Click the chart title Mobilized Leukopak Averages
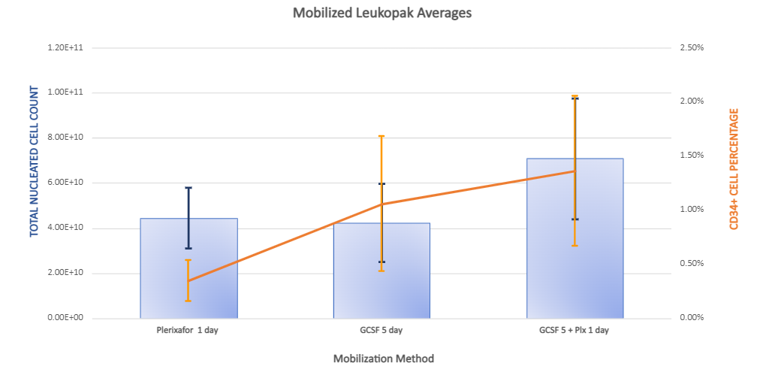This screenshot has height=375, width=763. click(x=383, y=13)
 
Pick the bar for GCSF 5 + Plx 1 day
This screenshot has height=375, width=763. click(x=575, y=240)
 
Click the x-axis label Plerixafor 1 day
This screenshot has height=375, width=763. click(x=188, y=330)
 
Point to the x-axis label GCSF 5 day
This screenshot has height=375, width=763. click(x=381, y=330)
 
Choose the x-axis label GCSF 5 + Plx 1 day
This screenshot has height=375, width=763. click(x=575, y=330)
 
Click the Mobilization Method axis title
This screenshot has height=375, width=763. click(x=383, y=358)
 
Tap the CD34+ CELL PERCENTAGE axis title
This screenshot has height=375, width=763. click(x=734, y=168)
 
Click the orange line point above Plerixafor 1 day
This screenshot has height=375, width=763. click(x=188, y=281)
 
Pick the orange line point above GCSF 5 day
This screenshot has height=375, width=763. click(x=381, y=204)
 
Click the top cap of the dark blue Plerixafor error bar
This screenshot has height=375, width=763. click(x=188, y=188)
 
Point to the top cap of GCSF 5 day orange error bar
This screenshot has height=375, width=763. click(x=381, y=136)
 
